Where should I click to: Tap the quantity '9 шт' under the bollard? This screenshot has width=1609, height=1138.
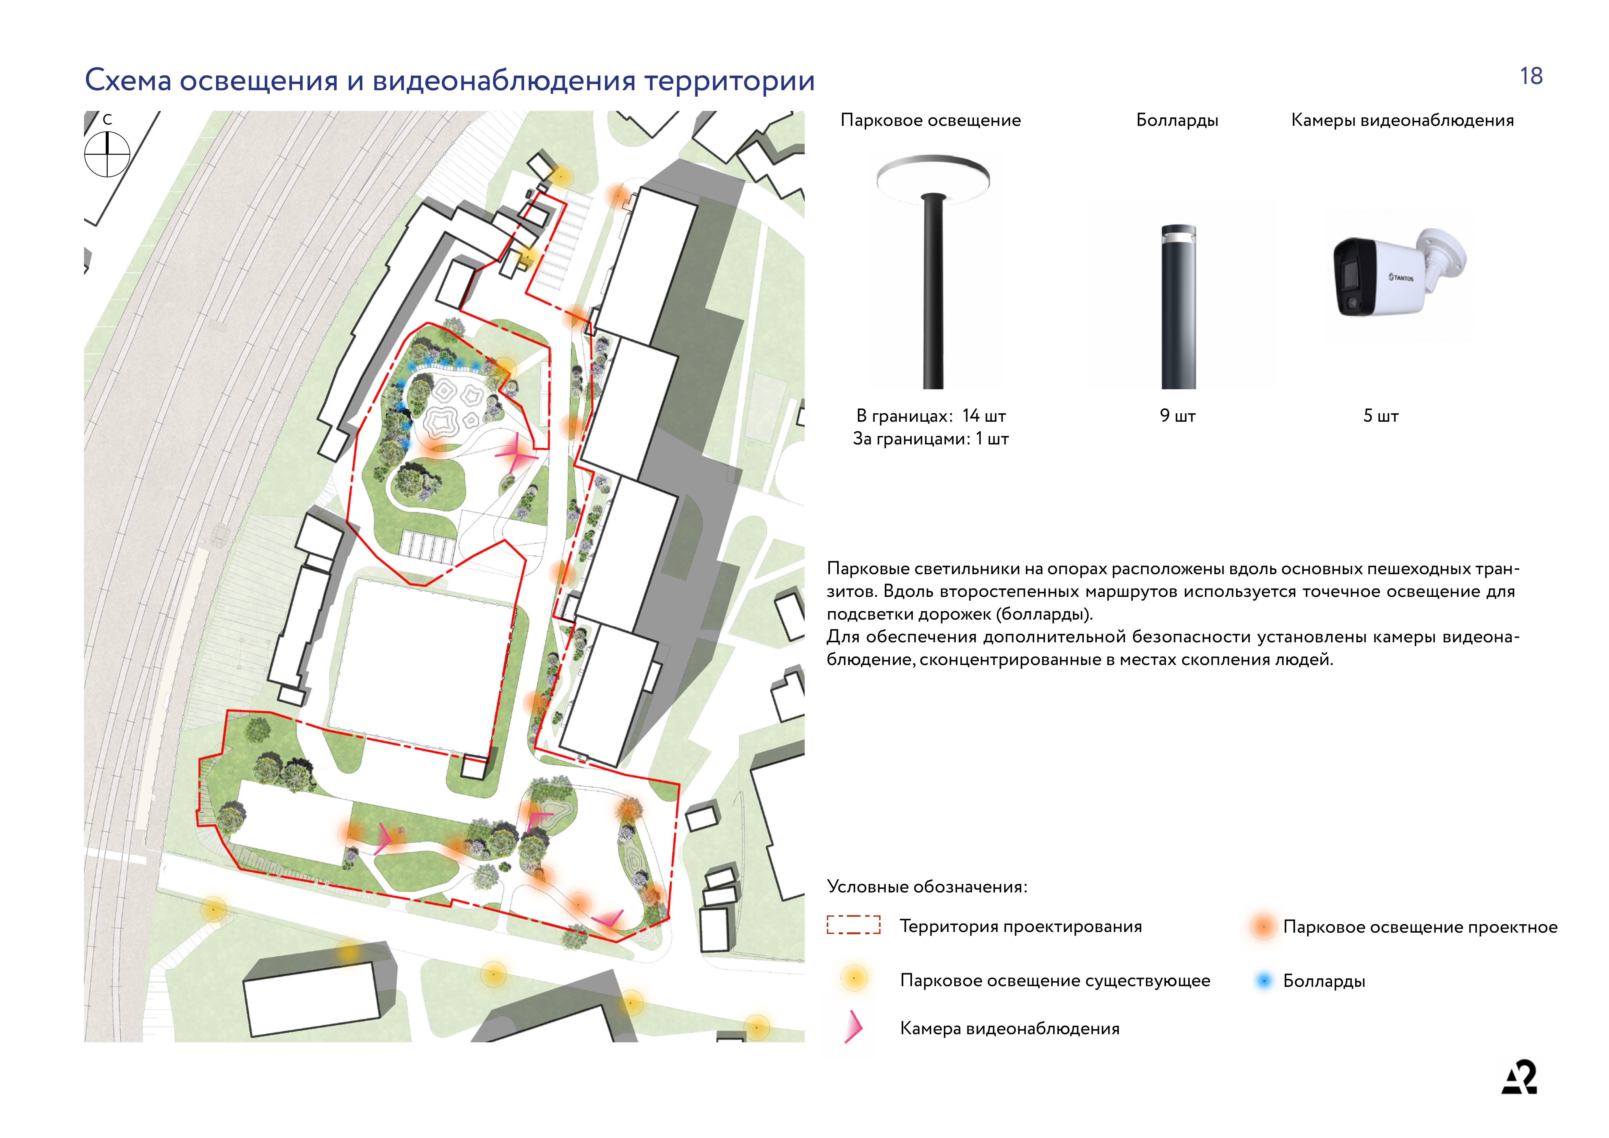click(1177, 416)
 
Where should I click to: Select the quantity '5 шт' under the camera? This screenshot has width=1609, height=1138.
click(1381, 416)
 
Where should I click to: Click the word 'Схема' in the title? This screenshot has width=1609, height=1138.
click(128, 80)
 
